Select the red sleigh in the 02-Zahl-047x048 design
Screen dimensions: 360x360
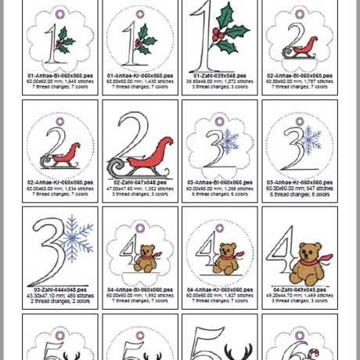[x=155, y=152]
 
